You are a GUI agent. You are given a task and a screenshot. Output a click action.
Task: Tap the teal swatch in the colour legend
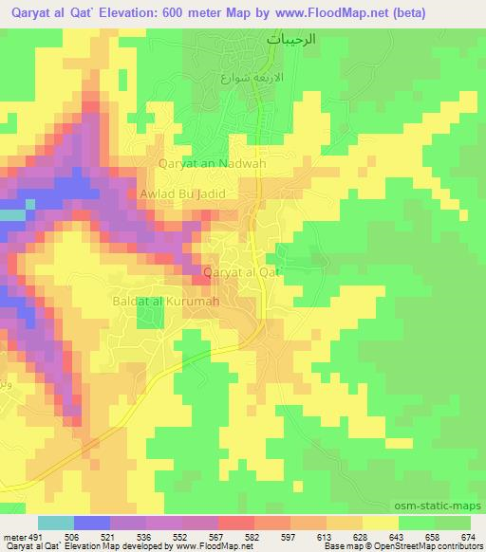pyautogui.click(x=56, y=523)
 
